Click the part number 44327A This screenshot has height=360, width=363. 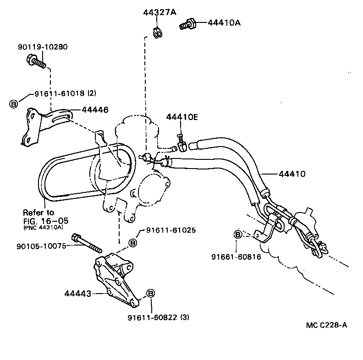160,12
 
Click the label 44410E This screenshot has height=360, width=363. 182,118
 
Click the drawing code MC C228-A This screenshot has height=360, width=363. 326,326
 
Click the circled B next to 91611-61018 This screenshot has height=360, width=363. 13,104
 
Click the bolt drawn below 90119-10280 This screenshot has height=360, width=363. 37,61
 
